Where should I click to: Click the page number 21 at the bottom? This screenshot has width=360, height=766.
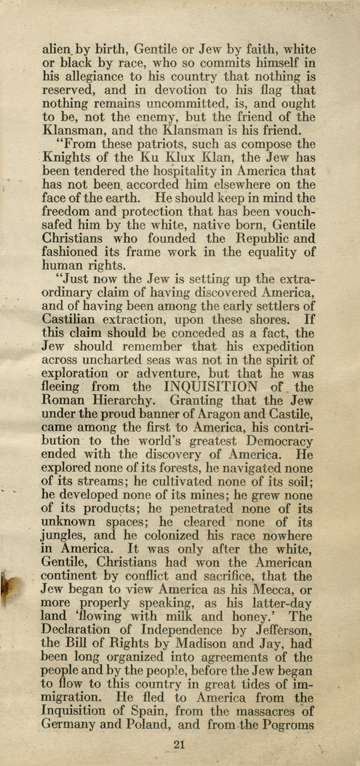tap(179, 745)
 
